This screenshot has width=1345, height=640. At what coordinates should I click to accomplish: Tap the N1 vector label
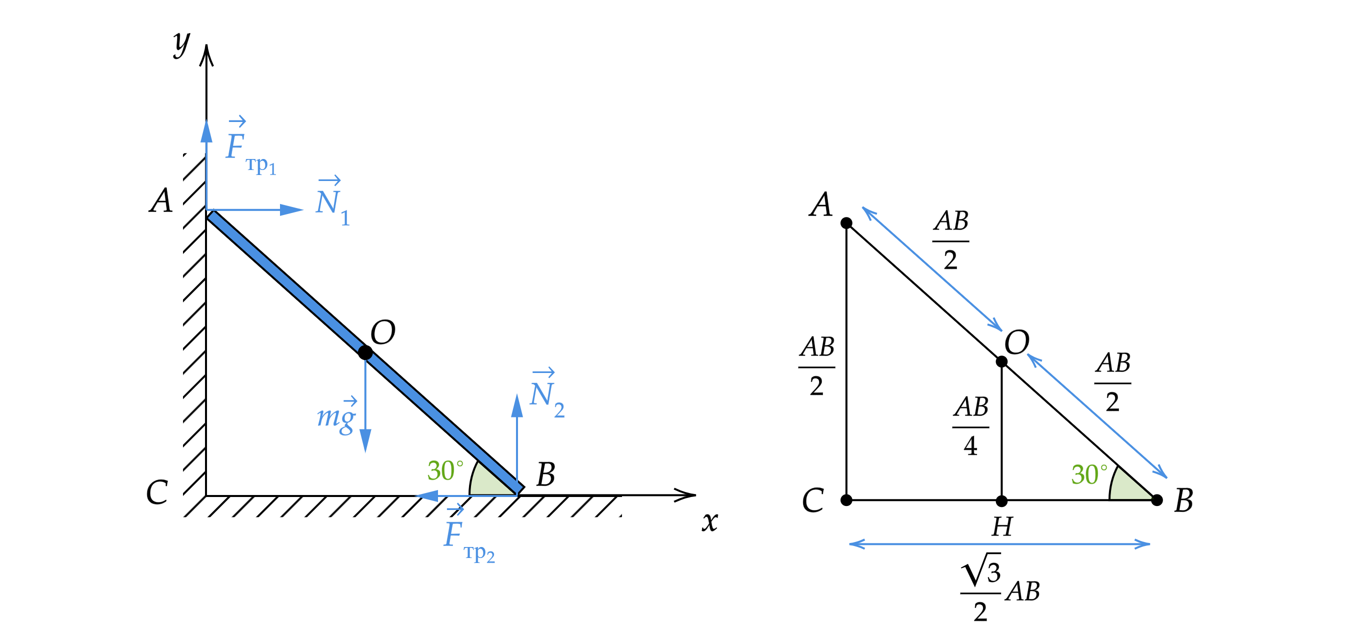tap(332, 202)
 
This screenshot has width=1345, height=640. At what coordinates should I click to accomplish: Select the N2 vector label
tap(546, 395)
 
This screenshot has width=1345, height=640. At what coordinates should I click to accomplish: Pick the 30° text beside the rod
tap(445, 471)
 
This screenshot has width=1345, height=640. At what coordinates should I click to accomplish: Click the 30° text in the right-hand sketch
tap(1088, 475)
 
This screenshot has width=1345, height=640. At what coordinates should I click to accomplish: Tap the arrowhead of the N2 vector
tap(517, 405)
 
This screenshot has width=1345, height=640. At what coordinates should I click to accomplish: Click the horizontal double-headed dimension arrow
tap(999, 544)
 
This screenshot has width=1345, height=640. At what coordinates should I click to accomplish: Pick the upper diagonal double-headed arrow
tap(931, 269)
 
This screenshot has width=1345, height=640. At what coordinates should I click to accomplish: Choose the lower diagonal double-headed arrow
tap(1097, 415)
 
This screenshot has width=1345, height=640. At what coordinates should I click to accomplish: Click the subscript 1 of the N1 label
tap(345, 217)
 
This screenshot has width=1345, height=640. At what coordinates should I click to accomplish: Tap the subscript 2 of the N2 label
tap(559, 411)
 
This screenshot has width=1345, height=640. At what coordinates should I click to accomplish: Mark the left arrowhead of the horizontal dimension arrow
tap(856, 544)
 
